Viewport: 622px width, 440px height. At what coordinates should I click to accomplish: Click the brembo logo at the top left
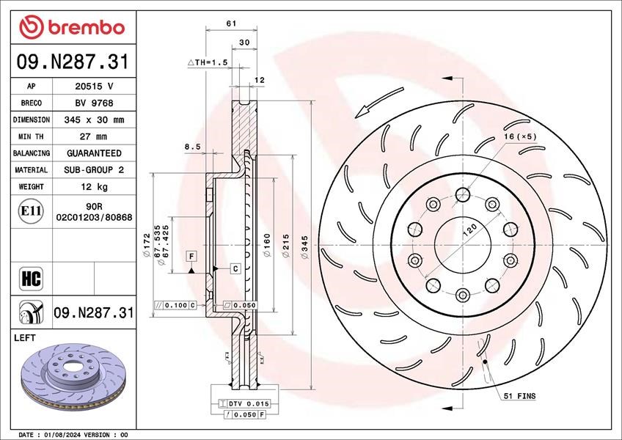72,27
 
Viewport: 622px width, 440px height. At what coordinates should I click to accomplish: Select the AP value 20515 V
94,86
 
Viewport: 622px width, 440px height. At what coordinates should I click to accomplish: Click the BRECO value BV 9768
94,103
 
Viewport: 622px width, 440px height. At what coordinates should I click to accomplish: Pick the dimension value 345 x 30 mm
94,120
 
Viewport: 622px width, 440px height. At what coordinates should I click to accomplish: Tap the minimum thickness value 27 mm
94,136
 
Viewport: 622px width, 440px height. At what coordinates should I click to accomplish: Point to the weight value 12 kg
94,186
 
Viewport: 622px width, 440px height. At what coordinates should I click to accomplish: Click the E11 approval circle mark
31,211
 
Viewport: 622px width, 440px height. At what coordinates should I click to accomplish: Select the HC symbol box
31,279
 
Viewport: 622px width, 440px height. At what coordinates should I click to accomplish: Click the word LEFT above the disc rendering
25,337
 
